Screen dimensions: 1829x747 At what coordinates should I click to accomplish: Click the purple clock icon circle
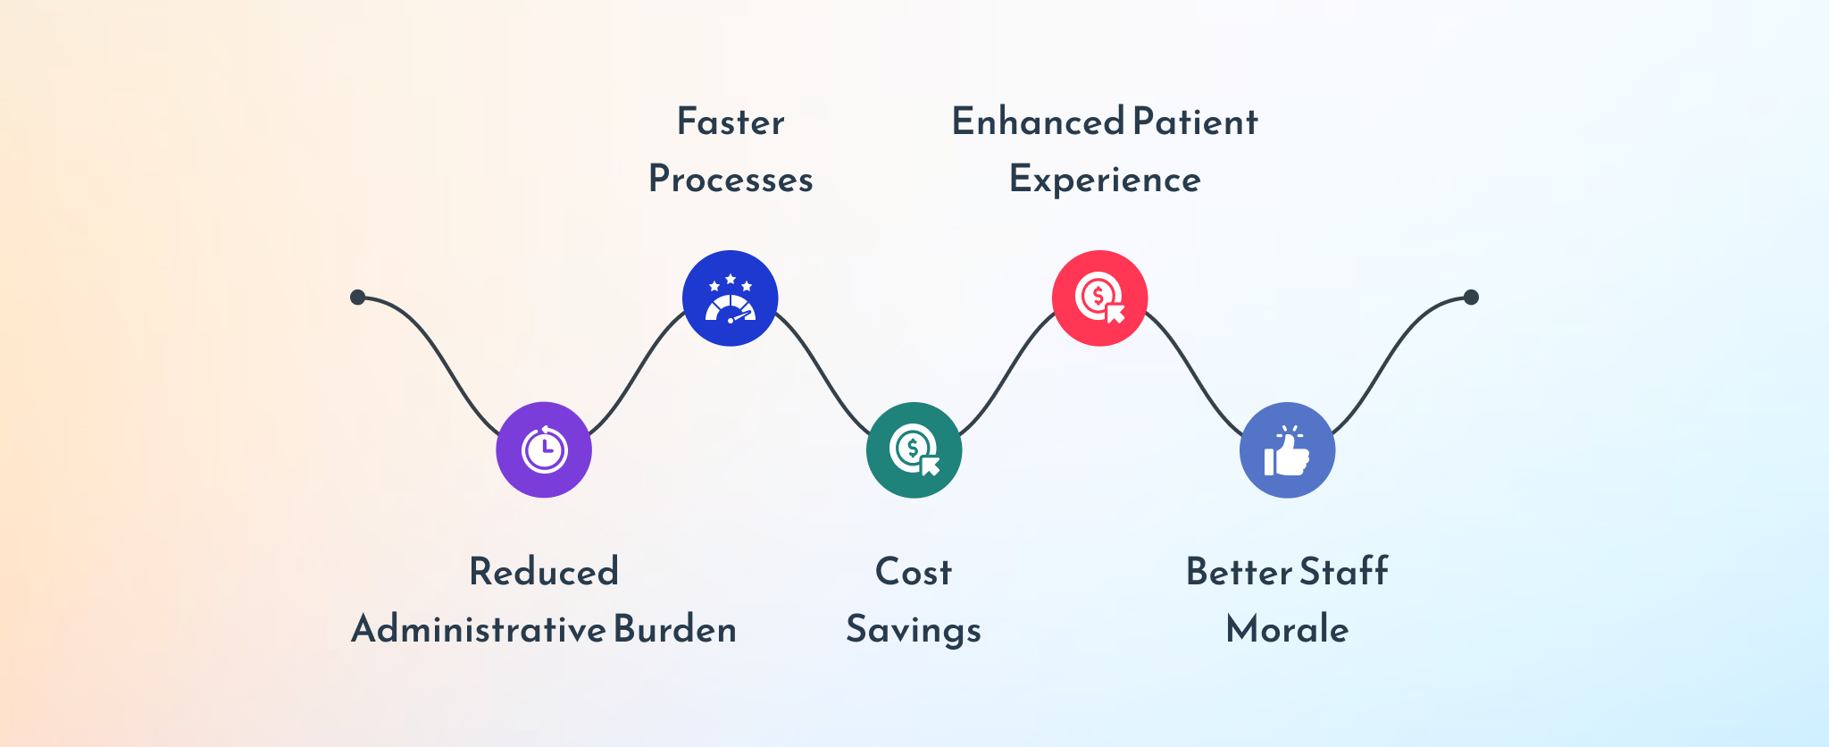pos(544,449)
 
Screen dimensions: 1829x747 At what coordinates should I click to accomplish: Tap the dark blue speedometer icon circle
pos(731,298)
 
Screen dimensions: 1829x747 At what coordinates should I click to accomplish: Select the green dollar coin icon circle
pos(914,449)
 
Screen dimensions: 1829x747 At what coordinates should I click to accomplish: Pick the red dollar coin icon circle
pos(1100,298)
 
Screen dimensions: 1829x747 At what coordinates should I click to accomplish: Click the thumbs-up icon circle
pos(1288,449)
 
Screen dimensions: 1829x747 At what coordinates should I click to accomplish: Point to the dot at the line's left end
pos(358,297)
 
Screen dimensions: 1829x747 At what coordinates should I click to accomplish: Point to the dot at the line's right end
pos(1472,297)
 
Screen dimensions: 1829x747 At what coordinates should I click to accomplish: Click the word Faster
pos(731,122)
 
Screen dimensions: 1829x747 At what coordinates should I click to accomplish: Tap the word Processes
pos(731,180)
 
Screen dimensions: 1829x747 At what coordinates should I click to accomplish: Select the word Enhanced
pos(1038,122)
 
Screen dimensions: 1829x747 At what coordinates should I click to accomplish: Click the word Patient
pos(1196,122)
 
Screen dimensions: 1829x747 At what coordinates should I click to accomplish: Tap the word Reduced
pos(544,572)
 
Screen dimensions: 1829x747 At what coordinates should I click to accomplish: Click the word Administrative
pos(479,629)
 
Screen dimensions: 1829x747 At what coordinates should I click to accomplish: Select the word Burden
pos(676,629)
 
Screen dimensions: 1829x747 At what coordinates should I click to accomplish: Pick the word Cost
pos(914,572)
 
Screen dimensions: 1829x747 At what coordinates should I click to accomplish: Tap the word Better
pos(1240,572)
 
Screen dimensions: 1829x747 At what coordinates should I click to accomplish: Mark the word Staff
pos(1344,572)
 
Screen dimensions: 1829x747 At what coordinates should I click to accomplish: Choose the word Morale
pos(1288,629)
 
